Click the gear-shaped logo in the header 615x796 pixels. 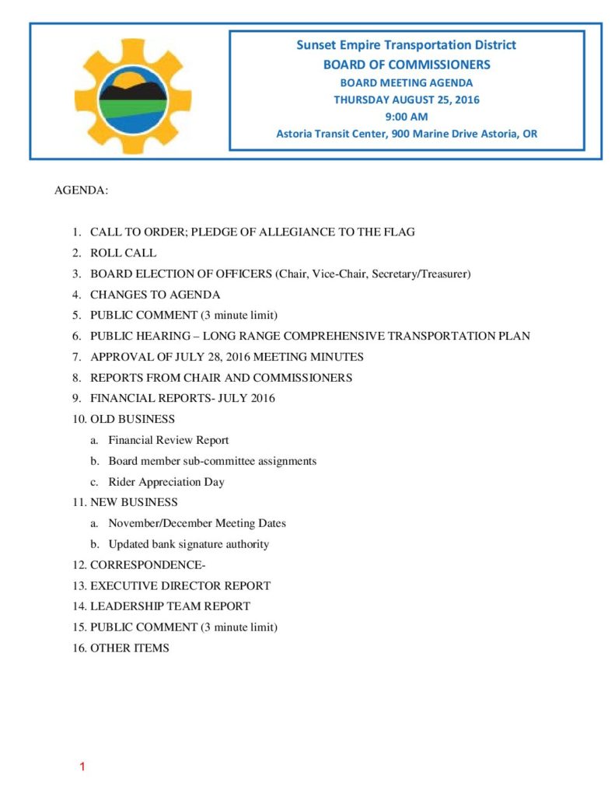133,93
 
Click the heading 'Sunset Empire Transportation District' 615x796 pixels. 406,45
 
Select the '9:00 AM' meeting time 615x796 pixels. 406,117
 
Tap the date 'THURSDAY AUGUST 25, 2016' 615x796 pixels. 406,99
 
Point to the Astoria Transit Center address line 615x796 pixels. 406,134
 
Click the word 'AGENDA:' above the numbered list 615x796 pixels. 81,190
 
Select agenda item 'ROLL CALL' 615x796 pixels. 123,253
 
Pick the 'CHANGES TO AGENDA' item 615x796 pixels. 155,295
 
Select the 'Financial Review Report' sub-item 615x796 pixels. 169,440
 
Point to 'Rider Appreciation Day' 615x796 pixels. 166,482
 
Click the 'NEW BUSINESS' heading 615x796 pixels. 134,502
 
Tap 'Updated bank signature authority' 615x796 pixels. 189,544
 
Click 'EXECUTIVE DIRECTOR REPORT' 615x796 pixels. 180,585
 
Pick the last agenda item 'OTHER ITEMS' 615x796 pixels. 129,648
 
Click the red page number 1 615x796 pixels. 82,768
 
